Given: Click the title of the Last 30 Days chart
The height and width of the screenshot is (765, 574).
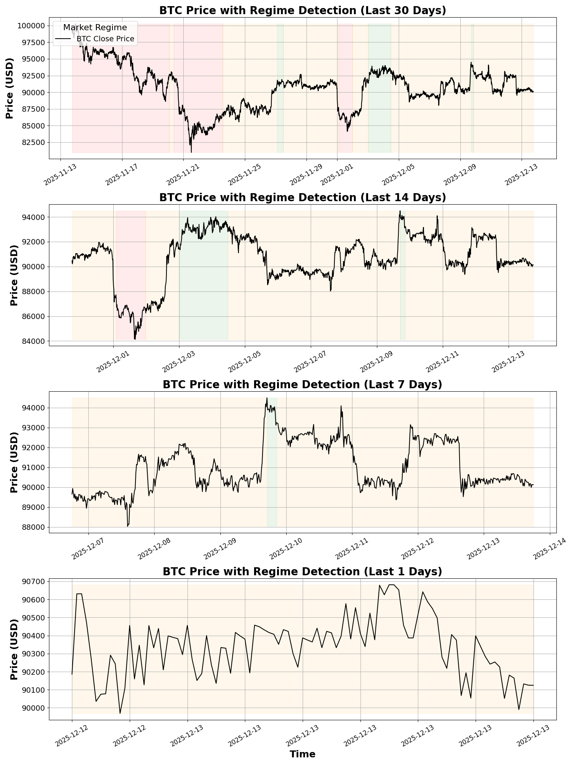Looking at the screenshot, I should click(302, 10).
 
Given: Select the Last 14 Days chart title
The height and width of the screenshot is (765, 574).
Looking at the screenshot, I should click(302, 197).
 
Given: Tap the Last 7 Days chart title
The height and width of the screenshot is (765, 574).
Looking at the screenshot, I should click(302, 384).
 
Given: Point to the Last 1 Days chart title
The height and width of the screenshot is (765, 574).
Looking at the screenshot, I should click(302, 571).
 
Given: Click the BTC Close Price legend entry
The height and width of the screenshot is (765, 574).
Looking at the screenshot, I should click(105, 39).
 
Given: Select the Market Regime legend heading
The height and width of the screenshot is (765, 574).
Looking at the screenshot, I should click(95, 28).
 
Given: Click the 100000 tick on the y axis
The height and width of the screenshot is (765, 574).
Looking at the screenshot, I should click(31, 26).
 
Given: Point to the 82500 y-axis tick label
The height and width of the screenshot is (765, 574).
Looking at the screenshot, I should click(33, 142).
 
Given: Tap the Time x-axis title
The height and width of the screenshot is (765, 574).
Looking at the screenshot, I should click(302, 754).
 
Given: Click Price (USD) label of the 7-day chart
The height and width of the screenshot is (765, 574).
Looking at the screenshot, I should click(14, 462).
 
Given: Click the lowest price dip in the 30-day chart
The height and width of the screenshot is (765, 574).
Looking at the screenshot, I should click(191, 151).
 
